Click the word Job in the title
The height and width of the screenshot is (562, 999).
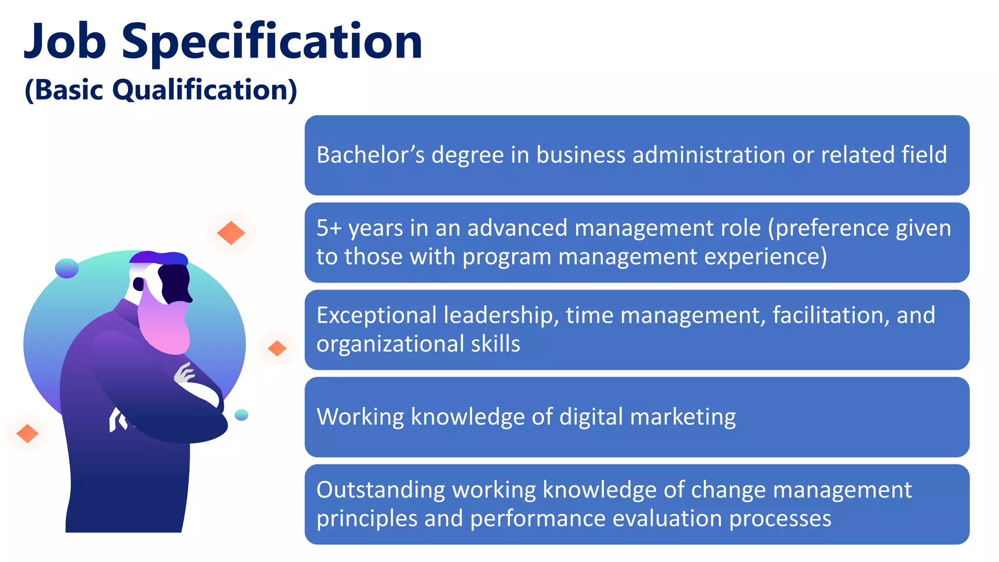65,42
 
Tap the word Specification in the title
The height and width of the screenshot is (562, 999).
272,43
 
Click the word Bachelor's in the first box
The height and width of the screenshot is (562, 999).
370,155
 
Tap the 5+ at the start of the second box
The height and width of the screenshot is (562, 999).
329,228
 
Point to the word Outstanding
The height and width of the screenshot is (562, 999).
380,490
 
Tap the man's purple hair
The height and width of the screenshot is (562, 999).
159,257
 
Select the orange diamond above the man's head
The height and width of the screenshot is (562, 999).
231,233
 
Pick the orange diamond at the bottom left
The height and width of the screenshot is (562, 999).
27,433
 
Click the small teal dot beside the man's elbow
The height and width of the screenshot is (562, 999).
241,415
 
